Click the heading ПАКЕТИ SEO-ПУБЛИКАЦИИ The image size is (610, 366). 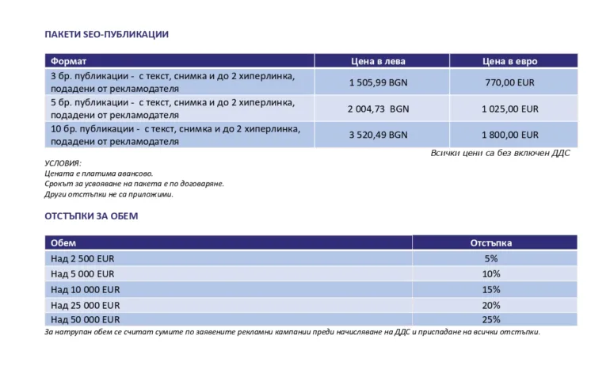106,35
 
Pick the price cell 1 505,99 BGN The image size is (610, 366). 379,82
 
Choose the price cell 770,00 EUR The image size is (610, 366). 510,82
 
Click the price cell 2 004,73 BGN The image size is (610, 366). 379,109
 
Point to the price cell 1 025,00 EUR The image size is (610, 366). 510,109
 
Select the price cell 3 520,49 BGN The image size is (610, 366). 379,135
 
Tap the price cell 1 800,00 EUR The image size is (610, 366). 510,135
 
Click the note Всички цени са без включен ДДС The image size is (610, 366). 500,154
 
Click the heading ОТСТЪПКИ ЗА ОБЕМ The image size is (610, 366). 91,216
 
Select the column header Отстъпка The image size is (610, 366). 491,243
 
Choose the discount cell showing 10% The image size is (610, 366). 491,274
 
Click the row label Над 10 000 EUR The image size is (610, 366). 85,290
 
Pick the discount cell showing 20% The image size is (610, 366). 491,305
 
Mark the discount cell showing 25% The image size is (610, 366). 491,320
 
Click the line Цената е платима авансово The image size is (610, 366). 99,173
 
